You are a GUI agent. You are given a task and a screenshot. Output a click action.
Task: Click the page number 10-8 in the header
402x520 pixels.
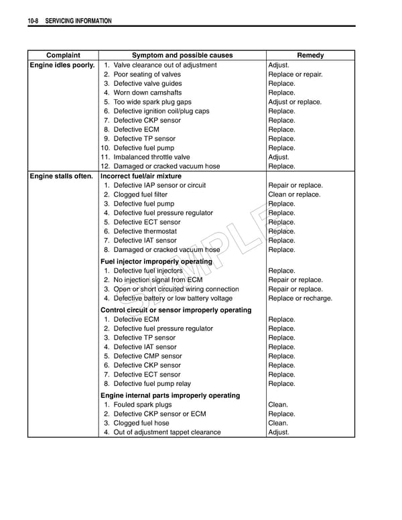point(33,21)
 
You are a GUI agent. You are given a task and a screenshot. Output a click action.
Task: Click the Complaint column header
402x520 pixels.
point(63,56)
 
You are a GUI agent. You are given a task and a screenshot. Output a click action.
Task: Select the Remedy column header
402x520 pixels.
point(310,56)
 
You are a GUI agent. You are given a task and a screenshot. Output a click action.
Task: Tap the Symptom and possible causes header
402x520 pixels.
point(182,56)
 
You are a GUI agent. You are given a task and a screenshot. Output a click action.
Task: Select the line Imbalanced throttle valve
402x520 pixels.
point(151,157)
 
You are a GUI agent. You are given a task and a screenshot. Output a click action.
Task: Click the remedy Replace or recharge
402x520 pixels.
point(299,298)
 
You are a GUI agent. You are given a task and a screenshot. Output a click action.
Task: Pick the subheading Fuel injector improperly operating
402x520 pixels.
point(156,261)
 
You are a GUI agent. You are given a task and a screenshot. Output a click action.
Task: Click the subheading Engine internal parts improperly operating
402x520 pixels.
point(170,395)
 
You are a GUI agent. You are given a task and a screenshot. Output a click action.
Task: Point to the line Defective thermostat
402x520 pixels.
point(145,231)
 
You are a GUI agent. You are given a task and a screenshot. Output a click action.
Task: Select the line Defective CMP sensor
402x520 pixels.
point(147,356)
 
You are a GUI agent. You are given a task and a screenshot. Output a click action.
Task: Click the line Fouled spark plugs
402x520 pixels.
point(142,405)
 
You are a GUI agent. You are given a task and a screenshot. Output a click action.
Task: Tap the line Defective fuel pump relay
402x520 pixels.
point(152,384)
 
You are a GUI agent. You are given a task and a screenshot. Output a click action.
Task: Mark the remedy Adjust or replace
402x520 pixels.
point(295,103)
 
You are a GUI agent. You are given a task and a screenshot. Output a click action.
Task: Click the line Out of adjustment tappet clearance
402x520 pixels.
point(167,432)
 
